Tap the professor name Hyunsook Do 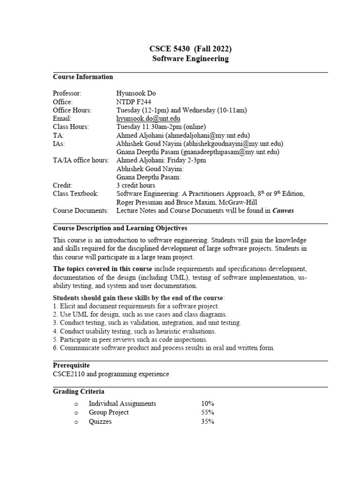[136, 93]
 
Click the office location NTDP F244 [134, 102]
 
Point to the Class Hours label [71, 127]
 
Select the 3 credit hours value [135, 185]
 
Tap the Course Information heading [82, 77]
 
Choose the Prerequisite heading [71, 365]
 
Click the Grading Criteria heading [78, 391]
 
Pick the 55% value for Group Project [208, 412]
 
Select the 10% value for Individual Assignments [208, 404]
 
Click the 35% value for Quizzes [208, 421]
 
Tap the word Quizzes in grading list [100, 421]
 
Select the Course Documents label [80, 210]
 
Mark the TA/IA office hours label [81, 160]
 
